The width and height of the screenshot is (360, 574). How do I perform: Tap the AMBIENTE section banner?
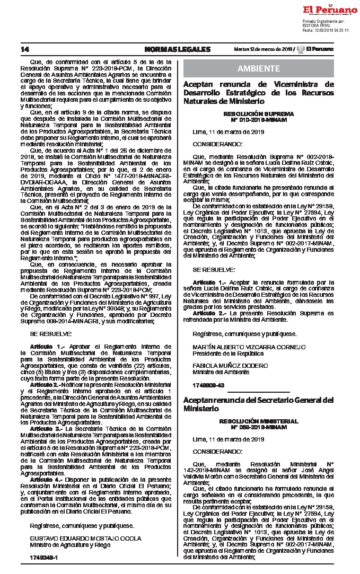click(259, 69)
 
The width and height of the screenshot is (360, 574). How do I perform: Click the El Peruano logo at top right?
click(329, 10)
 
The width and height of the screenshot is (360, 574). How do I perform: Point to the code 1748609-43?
click(208, 384)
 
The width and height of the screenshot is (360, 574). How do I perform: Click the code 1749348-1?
click(43, 558)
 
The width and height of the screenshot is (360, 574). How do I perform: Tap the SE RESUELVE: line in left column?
click(50, 334)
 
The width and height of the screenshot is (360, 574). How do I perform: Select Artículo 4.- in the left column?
click(45, 479)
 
